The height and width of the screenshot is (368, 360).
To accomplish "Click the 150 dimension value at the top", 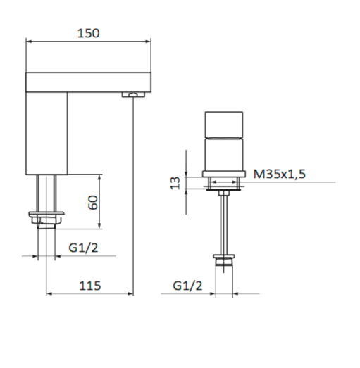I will point(88,33).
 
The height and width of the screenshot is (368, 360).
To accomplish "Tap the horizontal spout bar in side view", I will point(89,82).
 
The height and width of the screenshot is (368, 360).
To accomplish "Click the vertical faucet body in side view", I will point(47,134).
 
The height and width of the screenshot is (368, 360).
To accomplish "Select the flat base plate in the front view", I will point(224,173).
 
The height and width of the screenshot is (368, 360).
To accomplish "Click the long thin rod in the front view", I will point(224,218).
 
